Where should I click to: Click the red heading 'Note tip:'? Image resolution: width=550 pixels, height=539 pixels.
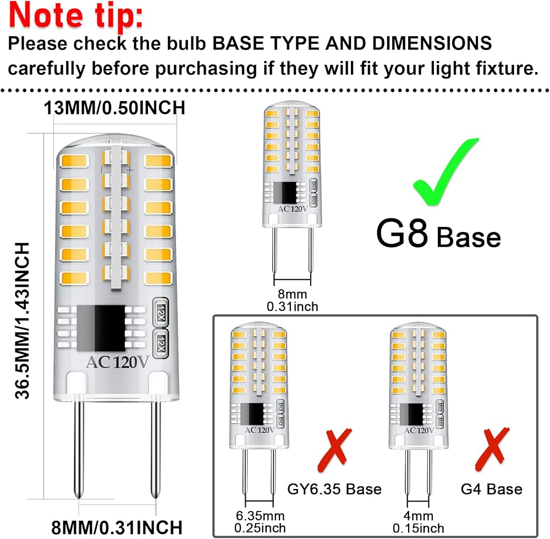(x=76, y=16)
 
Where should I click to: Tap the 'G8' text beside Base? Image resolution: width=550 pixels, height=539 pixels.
(x=402, y=233)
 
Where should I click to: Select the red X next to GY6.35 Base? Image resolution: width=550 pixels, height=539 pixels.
(x=334, y=450)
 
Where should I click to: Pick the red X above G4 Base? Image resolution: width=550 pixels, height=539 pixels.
(x=491, y=449)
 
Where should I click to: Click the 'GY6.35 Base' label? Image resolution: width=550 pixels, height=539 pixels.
(x=334, y=489)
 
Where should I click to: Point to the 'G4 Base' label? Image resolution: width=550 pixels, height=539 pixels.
(x=491, y=489)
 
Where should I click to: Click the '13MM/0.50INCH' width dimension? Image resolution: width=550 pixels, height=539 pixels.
(x=114, y=108)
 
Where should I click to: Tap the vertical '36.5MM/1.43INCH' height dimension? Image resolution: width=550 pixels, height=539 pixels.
(x=22, y=321)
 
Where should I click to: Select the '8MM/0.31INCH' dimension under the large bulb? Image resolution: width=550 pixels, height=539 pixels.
(x=117, y=527)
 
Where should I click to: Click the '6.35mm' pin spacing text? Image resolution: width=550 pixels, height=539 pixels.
(x=260, y=515)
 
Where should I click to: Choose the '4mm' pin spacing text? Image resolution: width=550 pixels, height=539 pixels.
(x=419, y=515)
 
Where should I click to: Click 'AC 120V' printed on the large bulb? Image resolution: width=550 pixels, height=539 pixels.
(x=118, y=362)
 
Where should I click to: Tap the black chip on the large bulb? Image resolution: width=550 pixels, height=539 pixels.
(x=101, y=328)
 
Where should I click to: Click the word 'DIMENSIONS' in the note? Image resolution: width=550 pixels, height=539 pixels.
(x=432, y=43)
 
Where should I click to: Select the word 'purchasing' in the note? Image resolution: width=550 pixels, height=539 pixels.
(x=206, y=69)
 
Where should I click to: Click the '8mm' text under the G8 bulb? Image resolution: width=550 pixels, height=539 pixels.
(x=292, y=294)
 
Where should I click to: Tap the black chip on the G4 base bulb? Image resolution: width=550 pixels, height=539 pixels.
(x=411, y=414)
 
